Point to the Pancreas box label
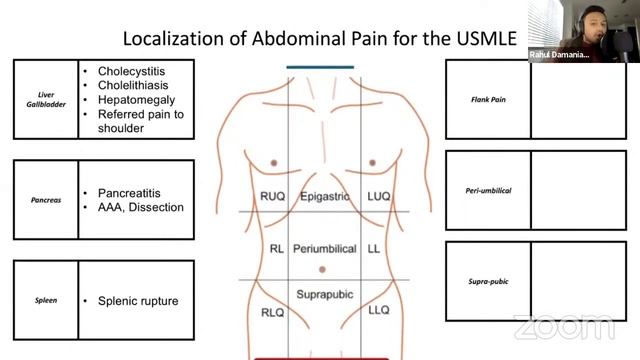point(45,199)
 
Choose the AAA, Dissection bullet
point(141,207)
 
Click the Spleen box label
point(45,299)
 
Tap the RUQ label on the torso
point(272,197)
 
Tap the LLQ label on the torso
point(379,311)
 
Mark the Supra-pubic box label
point(487,281)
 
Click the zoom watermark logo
point(564,327)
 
